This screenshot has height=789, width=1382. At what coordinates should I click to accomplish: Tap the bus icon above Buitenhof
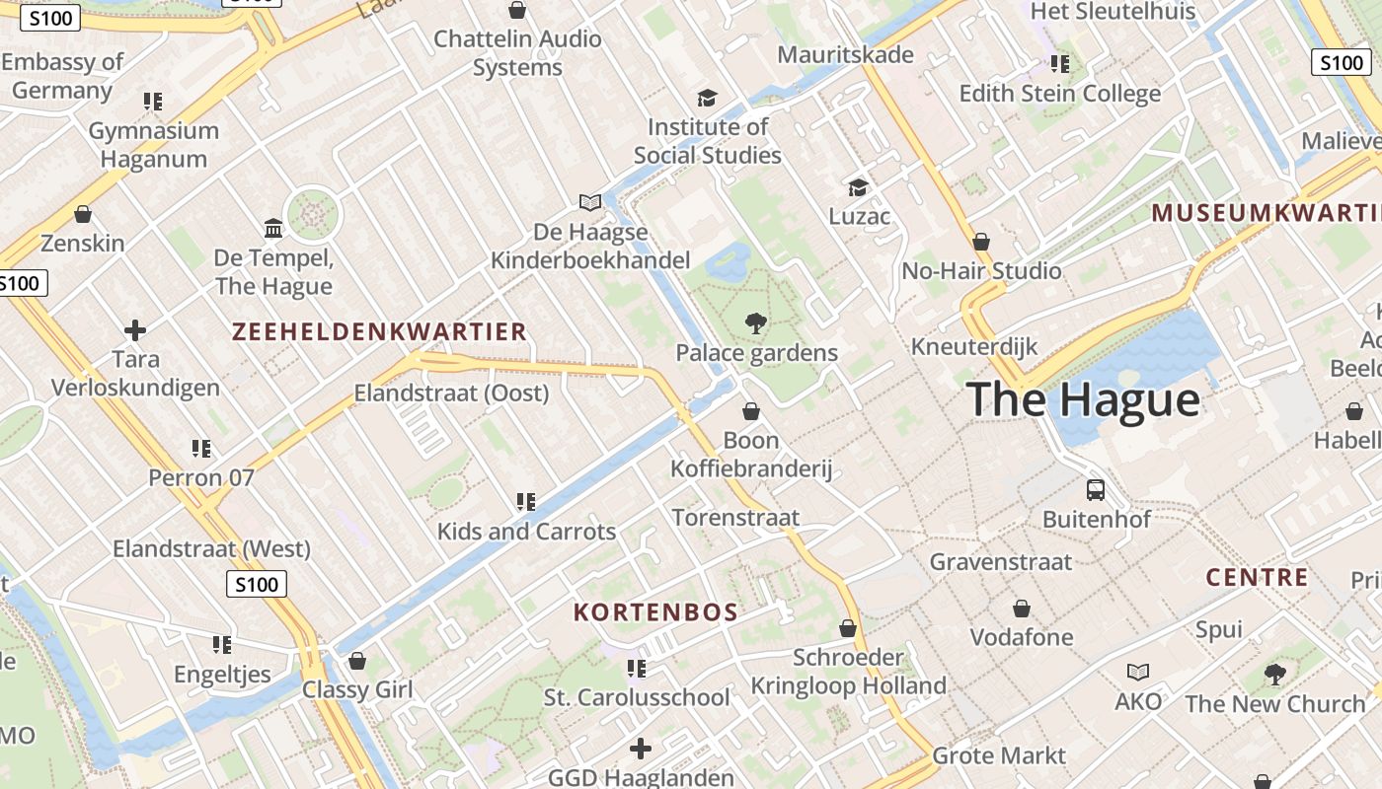(x=1096, y=489)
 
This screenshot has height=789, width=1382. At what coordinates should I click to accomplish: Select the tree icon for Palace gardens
(x=756, y=323)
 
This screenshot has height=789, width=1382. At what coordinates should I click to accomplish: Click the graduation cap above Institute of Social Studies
(x=707, y=98)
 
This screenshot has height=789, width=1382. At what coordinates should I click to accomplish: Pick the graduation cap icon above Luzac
(x=859, y=187)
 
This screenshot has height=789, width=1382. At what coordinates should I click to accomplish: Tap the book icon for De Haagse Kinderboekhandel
(x=590, y=202)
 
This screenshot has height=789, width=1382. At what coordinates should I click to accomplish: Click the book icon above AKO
(x=1138, y=672)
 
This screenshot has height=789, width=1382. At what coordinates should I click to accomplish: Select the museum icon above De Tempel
(x=273, y=229)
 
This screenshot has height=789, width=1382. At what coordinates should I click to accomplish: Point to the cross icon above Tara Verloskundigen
(x=135, y=329)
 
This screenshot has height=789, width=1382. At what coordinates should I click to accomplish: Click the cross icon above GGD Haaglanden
(x=641, y=749)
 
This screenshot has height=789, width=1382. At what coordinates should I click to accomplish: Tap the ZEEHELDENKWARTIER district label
(x=379, y=332)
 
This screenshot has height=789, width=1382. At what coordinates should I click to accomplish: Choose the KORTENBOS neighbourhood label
(x=655, y=612)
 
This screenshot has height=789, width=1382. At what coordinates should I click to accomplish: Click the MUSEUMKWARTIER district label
(x=1267, y=213)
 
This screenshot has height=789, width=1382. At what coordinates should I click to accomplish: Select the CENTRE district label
(x=1257, y=578)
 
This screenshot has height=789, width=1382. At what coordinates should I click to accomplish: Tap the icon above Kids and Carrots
(x=526, y=502)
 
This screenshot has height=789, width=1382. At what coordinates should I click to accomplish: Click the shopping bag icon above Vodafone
(x=1022, y=609)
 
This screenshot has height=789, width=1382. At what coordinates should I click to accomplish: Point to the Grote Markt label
(x=999, y=756)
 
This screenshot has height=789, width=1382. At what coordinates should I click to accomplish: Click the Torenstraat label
(x=735, y=518)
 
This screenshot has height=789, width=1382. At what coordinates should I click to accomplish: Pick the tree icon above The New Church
(x=1274, y=675)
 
